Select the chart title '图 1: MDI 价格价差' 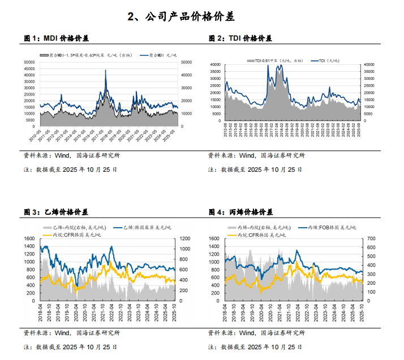click(56, 38)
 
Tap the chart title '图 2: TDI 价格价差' click(240, 38)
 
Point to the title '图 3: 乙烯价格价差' click(56, 212)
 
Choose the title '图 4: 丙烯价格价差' click(240, 212)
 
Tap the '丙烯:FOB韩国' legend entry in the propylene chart click(331, 227)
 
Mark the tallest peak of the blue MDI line click(106, 70)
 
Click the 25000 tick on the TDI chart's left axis click(216, 86)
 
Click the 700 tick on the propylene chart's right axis click(371, 239)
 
